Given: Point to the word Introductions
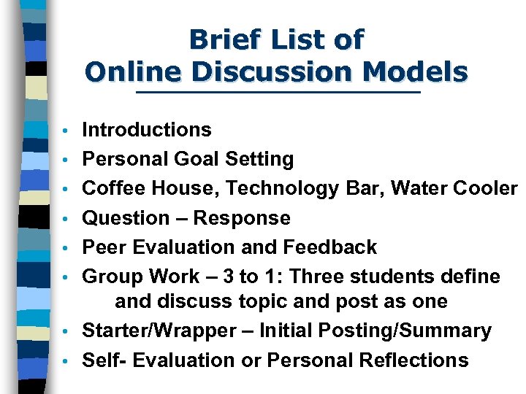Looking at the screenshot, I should [147, 130].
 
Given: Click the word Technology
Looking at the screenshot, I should [283, 188].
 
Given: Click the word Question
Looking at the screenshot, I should [125, 217].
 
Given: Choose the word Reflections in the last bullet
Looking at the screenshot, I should [413, 360].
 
